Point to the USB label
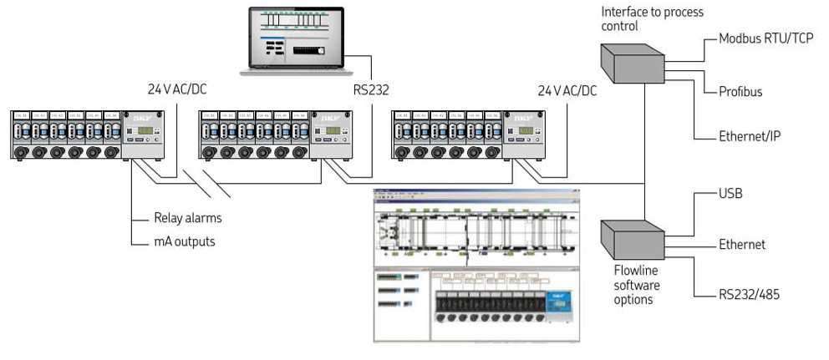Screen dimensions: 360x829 click(x=731, y=195)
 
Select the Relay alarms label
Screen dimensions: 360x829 click(x=188, y=219)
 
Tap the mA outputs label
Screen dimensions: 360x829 click(x=185, y=242)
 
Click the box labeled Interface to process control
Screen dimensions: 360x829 click(x=631, y=63)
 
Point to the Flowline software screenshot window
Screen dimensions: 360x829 click(x=476, y=265)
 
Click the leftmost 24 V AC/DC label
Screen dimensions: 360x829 click(x=176, y=89)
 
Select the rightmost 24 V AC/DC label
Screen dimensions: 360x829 click(x=567, y=89)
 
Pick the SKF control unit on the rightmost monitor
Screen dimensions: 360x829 click(x=525, y=134)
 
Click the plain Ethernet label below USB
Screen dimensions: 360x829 click(x=742, y=245)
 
